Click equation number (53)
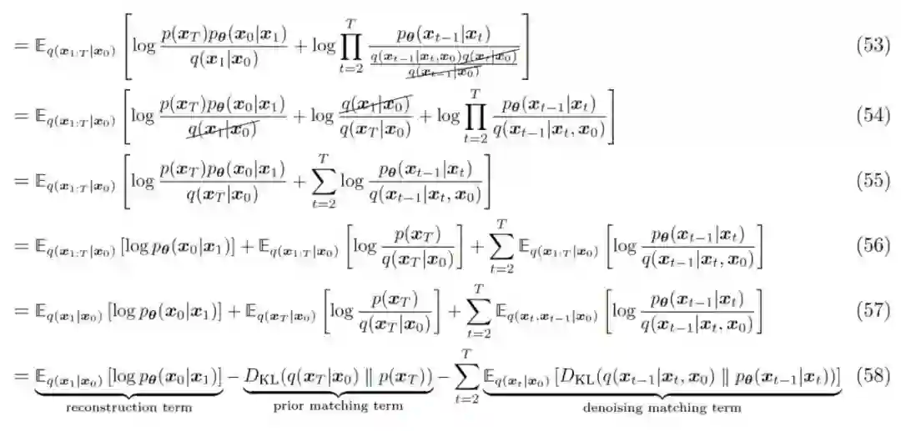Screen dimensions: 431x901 pyautogui.click(x=873, y=46)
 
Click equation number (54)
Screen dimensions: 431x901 pyautogui.click(x=873, y=115)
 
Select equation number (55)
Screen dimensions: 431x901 pyautogui.click(x=873, y=181)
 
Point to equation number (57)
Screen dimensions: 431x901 pyautogui.click(x=873, y=311)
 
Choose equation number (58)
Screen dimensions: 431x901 pyautogui.click(x=873, y=376)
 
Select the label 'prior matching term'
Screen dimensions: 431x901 pyautogui.click(x=338, y=407)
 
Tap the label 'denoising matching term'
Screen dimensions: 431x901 pyautogui.click(x=662, y=408)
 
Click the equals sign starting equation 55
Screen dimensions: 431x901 pyautogui.click(x=19, y=181)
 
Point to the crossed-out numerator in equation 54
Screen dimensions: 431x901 pyautogui.click(x=375, y=105)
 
